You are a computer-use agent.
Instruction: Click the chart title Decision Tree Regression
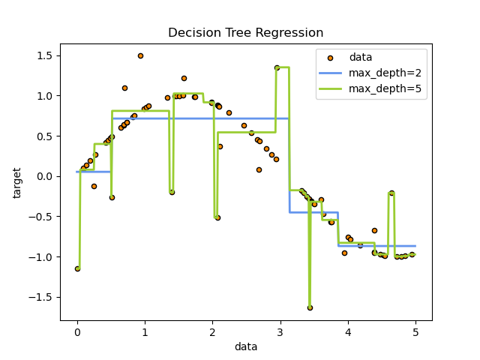[245, 33]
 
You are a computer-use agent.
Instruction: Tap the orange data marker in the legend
[333, 58]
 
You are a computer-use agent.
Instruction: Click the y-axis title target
[17, 182]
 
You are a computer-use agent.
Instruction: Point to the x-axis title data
[245, 346]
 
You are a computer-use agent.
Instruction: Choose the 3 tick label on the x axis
[280, 333]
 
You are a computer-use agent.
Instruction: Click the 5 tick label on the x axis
[415, 333]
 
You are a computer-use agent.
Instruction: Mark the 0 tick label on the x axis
[77, 333]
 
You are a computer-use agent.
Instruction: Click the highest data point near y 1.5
[140, 55]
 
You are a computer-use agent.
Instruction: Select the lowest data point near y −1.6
[310, 307]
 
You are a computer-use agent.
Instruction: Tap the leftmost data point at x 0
[77, 268]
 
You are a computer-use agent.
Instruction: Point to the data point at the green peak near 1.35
[277, 67]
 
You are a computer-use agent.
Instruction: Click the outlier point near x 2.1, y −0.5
[217, 217]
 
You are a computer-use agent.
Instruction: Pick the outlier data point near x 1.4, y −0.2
[172, 192]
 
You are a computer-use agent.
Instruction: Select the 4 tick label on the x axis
[348, 333]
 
